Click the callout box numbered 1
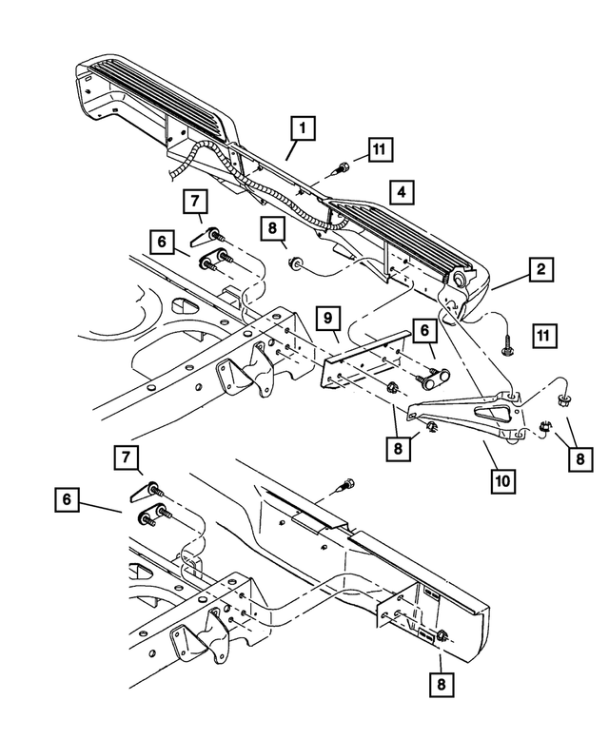pos(303,126)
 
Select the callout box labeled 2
pos(540,270)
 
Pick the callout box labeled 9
pos(325,316)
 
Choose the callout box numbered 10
pos(503,480)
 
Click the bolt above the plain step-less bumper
pos(345,484)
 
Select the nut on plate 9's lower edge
pos(391,387)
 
